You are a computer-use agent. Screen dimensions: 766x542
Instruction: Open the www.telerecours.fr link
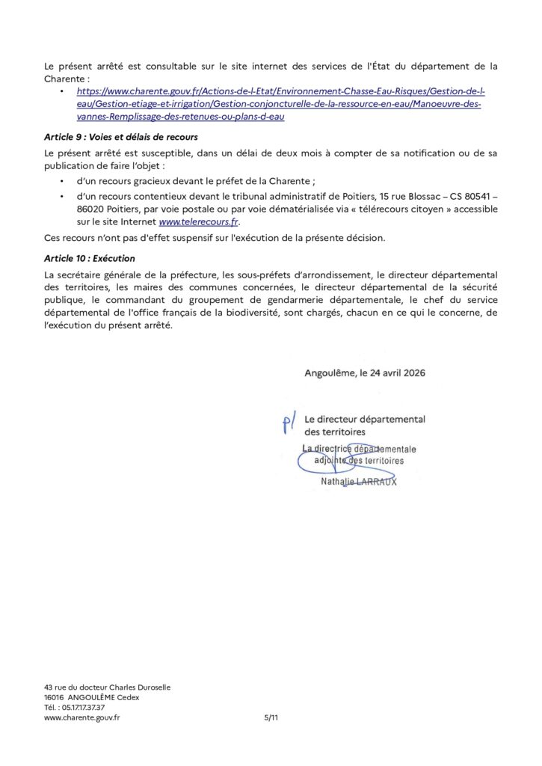tap(200, 222)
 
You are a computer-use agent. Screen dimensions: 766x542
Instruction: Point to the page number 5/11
tap(271, 717)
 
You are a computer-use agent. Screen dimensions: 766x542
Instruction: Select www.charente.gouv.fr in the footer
tap(82, 717)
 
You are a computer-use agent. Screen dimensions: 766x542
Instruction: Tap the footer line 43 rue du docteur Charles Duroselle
tap(108, 687)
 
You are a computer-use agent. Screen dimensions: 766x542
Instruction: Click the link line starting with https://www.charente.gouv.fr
tap(281, 91)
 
